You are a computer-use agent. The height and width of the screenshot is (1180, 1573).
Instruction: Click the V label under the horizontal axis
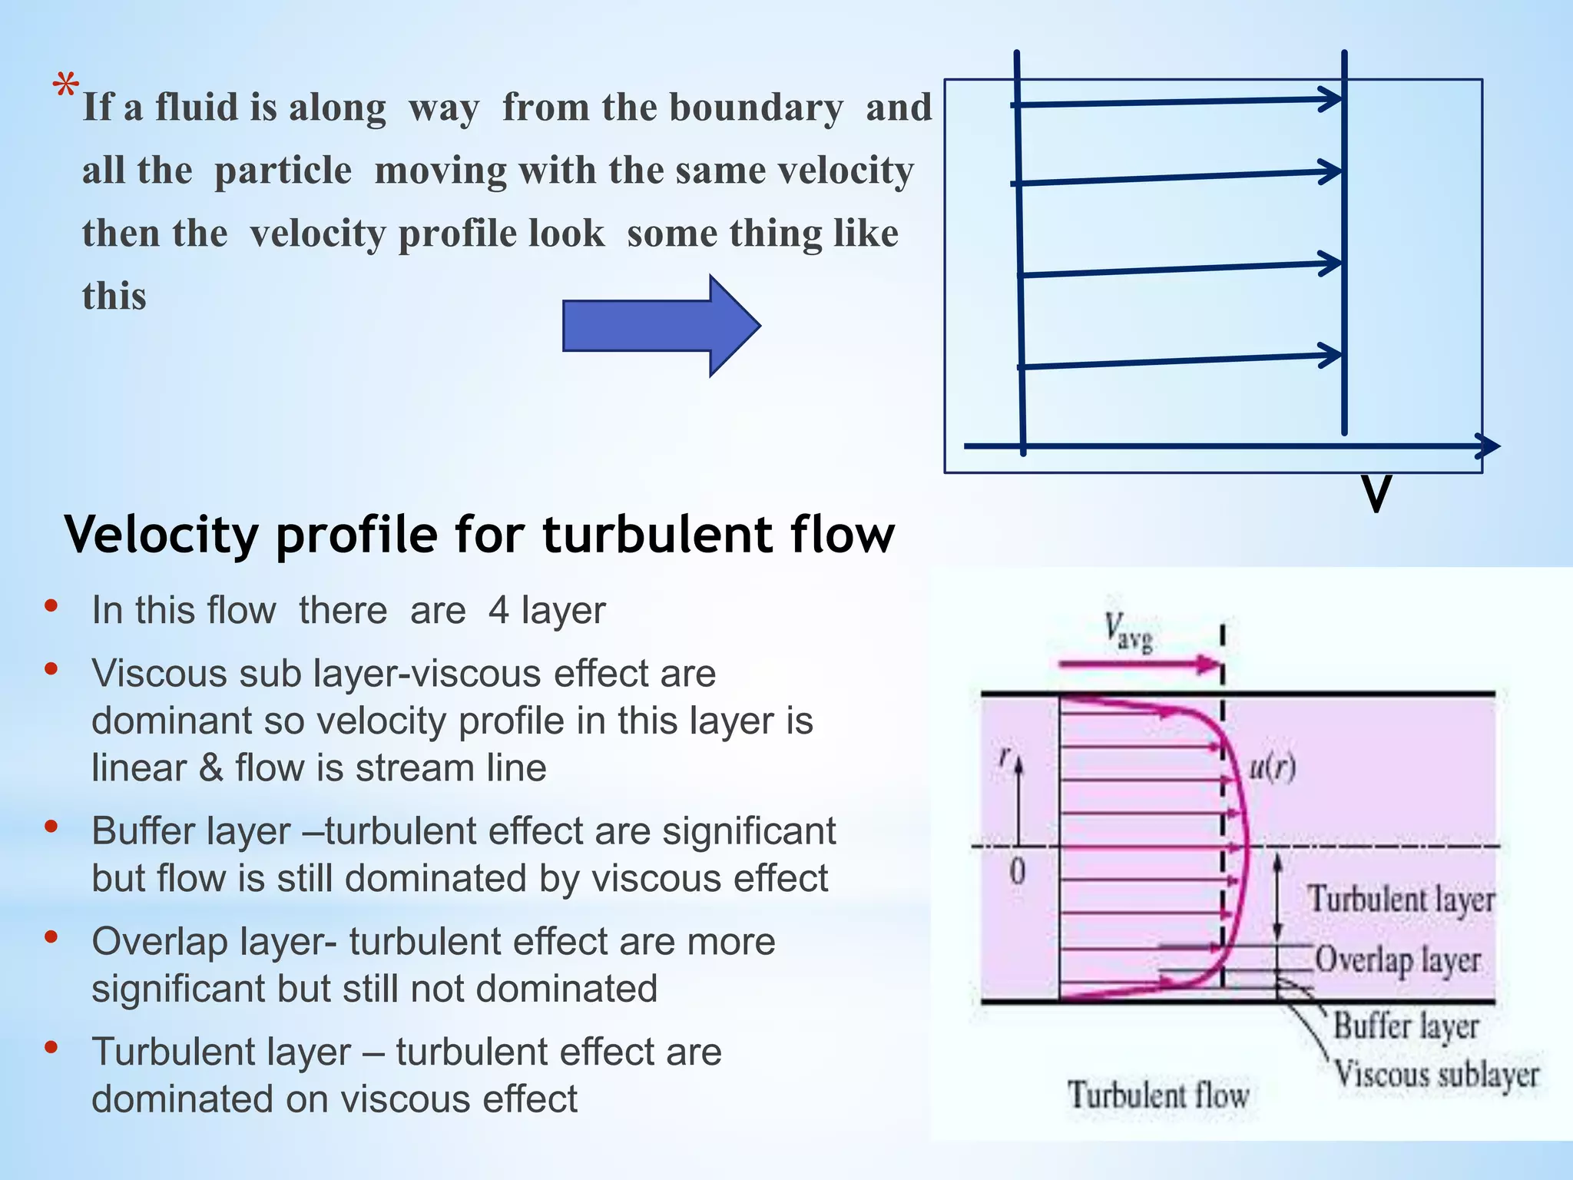(1376, 495)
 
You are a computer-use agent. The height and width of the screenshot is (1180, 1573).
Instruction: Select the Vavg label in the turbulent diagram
(1128, 632)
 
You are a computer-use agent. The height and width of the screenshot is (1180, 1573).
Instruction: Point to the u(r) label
(1272, 767)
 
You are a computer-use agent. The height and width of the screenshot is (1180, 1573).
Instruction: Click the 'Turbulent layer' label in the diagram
(1401, 900)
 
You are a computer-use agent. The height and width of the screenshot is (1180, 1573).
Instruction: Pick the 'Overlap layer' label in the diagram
(1397, 960)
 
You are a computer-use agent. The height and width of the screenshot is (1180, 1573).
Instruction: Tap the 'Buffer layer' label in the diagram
(1406, 1026)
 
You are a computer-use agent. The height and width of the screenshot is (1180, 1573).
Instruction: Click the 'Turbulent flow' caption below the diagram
(1158, 1094)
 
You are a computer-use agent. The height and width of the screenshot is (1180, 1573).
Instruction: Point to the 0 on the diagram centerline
(1017, 872)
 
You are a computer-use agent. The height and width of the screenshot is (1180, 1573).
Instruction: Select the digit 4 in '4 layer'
(498, 611)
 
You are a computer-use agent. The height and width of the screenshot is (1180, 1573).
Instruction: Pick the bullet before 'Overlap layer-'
(51, 938)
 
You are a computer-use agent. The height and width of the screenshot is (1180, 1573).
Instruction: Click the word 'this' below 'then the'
(114, 297)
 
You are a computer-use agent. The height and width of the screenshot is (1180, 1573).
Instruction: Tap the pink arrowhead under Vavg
(1209, 665)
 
